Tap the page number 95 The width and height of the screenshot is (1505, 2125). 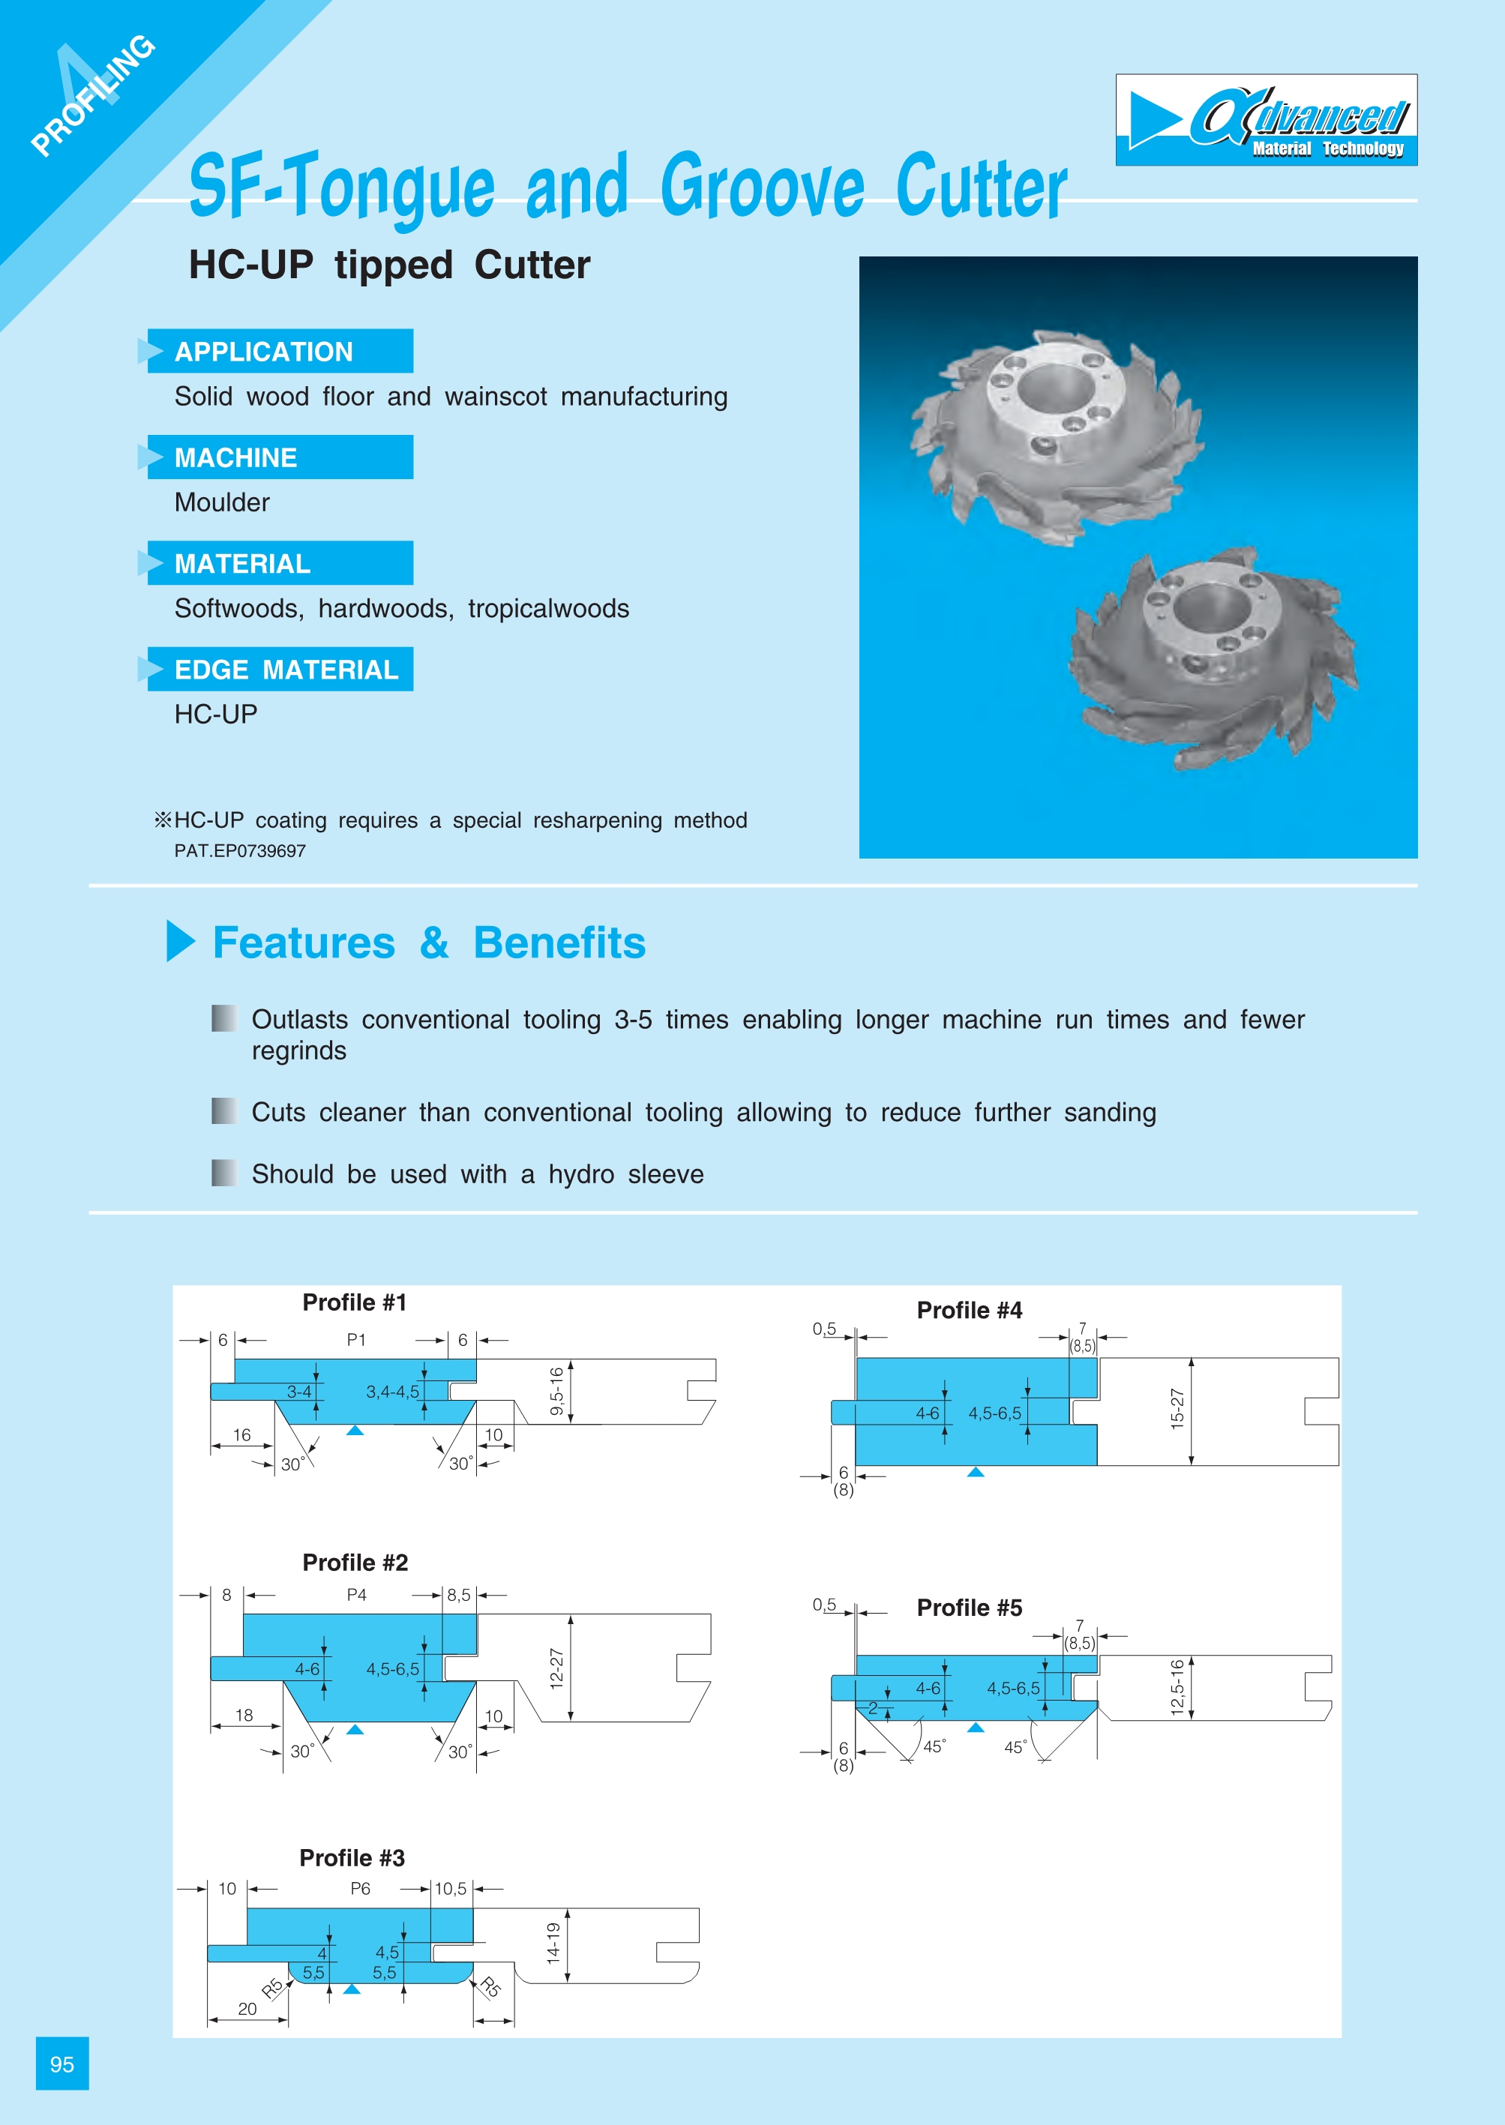[x=62, y=2064]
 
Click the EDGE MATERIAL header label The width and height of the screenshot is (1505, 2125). [x=286, y=669]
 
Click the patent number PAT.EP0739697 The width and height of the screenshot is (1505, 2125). [x=239, y=851]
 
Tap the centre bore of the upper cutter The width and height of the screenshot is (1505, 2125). [x=1049, y=388]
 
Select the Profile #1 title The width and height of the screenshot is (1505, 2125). [x=354, y=1302]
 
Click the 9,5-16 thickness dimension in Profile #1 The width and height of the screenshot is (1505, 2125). [x=556, y=1391]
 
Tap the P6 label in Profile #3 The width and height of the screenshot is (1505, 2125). [x=360, y=1889]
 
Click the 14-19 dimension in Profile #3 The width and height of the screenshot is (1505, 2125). [x=553, y=1943]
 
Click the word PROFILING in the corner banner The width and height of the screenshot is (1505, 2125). [x=93, y=94]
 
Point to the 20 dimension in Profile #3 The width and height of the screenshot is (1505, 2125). [x=247, y=2008]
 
